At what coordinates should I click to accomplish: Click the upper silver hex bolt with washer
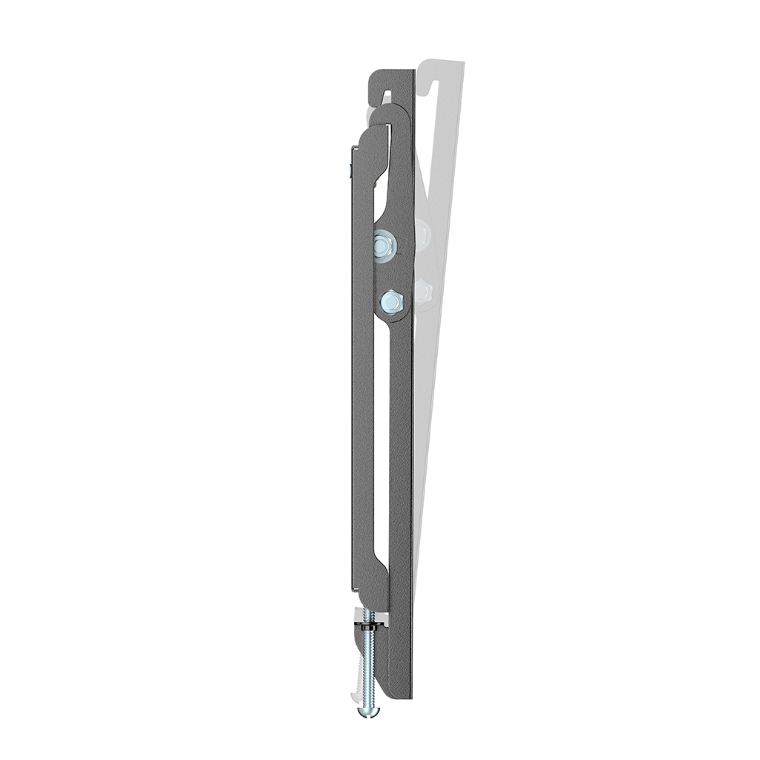384,245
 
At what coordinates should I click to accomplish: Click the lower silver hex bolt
391,301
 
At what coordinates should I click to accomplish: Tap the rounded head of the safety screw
367,711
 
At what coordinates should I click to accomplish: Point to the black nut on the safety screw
368,628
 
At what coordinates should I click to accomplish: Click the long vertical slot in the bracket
381,445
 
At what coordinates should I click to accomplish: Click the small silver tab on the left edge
349,171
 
